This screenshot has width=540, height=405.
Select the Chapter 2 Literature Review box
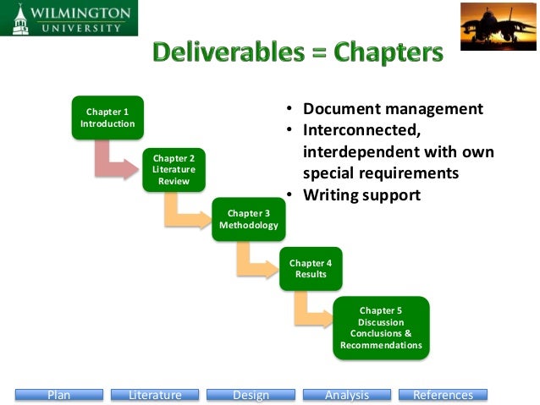tap(174, 170)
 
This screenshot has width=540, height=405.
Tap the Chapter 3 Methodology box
tap(248, 219)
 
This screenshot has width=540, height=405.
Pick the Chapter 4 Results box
tap(311, 269)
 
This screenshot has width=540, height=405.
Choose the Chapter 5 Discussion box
tap(381, 327)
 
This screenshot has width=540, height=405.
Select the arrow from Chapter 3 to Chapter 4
tap(254, 261)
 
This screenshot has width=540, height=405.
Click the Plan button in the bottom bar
tap(58, 395)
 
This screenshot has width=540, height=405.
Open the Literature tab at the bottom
tap(155, 395)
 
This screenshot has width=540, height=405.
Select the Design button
tap(251, 395)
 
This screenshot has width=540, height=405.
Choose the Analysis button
tap(347, 395)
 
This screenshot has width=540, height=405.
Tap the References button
tap(443, 395)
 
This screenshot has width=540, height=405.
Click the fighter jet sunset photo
tap(498, 26)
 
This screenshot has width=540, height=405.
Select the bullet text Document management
tap(393, 109)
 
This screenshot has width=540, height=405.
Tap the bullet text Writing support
tap(361, 194)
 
